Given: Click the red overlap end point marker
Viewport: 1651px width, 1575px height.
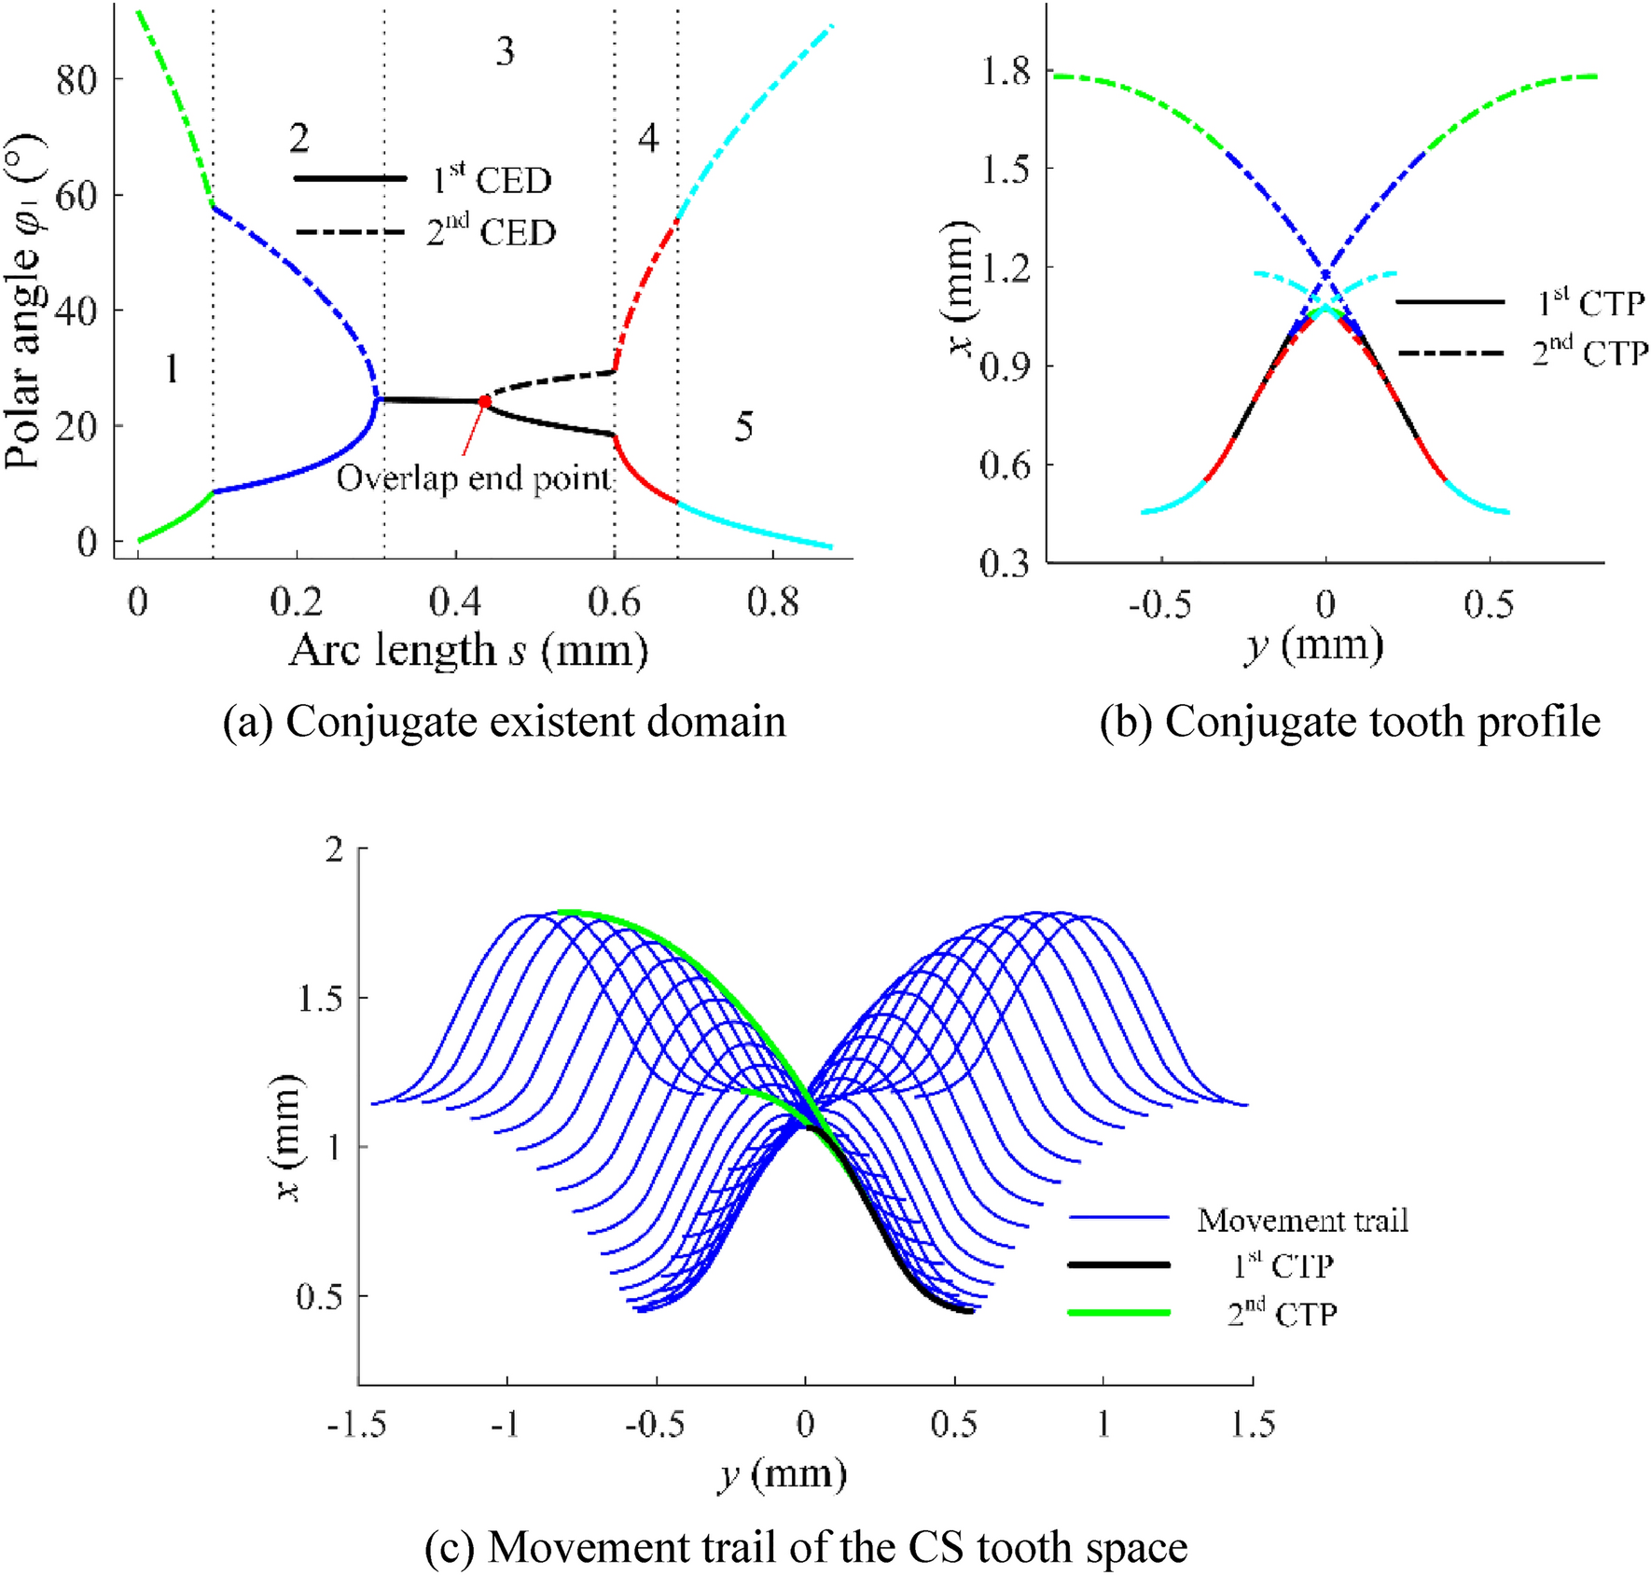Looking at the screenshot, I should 485,401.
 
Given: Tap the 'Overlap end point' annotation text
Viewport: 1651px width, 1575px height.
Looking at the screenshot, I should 474,478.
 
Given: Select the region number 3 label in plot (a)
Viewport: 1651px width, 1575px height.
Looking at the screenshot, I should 505,51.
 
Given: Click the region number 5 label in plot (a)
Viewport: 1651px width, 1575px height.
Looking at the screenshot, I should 743,427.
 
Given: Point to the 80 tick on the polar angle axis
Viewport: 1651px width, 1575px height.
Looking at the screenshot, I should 76,80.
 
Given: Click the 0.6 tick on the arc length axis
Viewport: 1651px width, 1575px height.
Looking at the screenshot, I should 614,603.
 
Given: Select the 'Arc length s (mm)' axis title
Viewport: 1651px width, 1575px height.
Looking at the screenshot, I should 468,650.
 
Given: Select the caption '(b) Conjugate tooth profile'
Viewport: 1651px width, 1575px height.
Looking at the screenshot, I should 1350,722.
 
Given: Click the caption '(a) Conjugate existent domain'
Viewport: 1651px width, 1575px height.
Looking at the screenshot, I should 505,722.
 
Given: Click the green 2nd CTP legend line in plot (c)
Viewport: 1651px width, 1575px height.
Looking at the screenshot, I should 1118,1313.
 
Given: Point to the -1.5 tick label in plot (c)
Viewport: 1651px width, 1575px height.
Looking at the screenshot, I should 356,1424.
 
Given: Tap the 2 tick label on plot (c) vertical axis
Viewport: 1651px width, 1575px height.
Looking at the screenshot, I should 333,850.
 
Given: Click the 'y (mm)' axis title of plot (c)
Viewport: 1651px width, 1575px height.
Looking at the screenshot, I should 783,1474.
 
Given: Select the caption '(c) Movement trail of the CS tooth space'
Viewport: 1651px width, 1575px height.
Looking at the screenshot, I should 805,1547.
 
